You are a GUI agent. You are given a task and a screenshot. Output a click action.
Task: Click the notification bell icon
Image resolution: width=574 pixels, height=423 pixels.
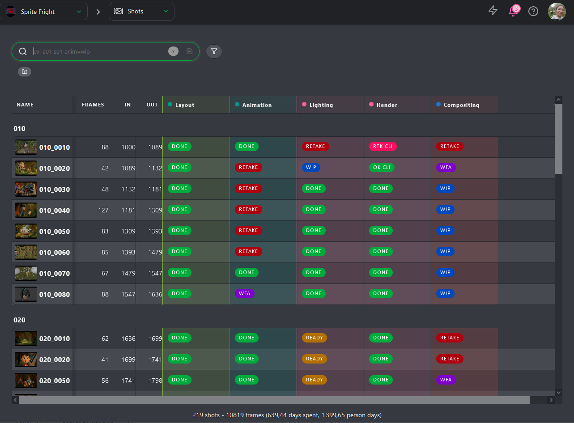coord(513,11)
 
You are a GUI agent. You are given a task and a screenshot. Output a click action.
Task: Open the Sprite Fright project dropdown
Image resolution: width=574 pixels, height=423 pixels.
coord(43,12)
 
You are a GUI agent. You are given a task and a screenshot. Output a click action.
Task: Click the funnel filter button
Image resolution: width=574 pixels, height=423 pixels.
coord(214,51)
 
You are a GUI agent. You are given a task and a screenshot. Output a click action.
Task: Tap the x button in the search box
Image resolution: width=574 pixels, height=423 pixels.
coord(173,51)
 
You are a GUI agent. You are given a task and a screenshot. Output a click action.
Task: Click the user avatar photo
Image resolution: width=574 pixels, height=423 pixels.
coord(557,12)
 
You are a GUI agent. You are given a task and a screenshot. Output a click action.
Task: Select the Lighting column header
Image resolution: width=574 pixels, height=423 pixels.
coord(321,105)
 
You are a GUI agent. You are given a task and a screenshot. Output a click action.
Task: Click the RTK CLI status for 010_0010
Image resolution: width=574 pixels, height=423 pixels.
coord(383,147)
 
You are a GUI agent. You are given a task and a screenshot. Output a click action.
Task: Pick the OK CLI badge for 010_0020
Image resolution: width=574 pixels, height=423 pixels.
coord(382,168)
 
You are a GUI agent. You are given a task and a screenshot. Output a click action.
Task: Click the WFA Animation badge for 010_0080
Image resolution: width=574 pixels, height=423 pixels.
coord(244,293)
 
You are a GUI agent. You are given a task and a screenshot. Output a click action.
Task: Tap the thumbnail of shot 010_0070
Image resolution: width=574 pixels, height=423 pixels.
coord(26,273)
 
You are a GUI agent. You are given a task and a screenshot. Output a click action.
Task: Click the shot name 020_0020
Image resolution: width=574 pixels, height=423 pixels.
coord(54,360)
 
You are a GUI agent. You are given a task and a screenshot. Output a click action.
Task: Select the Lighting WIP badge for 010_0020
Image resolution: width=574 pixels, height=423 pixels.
coord(311,168)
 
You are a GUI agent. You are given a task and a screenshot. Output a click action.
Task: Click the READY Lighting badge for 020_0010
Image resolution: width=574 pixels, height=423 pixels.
coord(315,338)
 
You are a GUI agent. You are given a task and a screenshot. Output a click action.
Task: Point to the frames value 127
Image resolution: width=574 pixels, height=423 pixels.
coord(103,210)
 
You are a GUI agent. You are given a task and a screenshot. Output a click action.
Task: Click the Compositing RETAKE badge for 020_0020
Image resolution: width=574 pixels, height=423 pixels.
coord(450,359)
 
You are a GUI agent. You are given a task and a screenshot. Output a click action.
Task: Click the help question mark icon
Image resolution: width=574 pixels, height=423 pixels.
coord(533,11)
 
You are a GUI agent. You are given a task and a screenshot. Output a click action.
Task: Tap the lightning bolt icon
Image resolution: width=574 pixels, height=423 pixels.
coord(493,11)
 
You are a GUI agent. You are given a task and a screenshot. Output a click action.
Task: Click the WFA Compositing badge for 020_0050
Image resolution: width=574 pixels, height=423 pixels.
coord(446,380)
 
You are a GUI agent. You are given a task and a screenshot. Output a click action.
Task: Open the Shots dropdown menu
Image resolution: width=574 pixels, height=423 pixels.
coord(141,12)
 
